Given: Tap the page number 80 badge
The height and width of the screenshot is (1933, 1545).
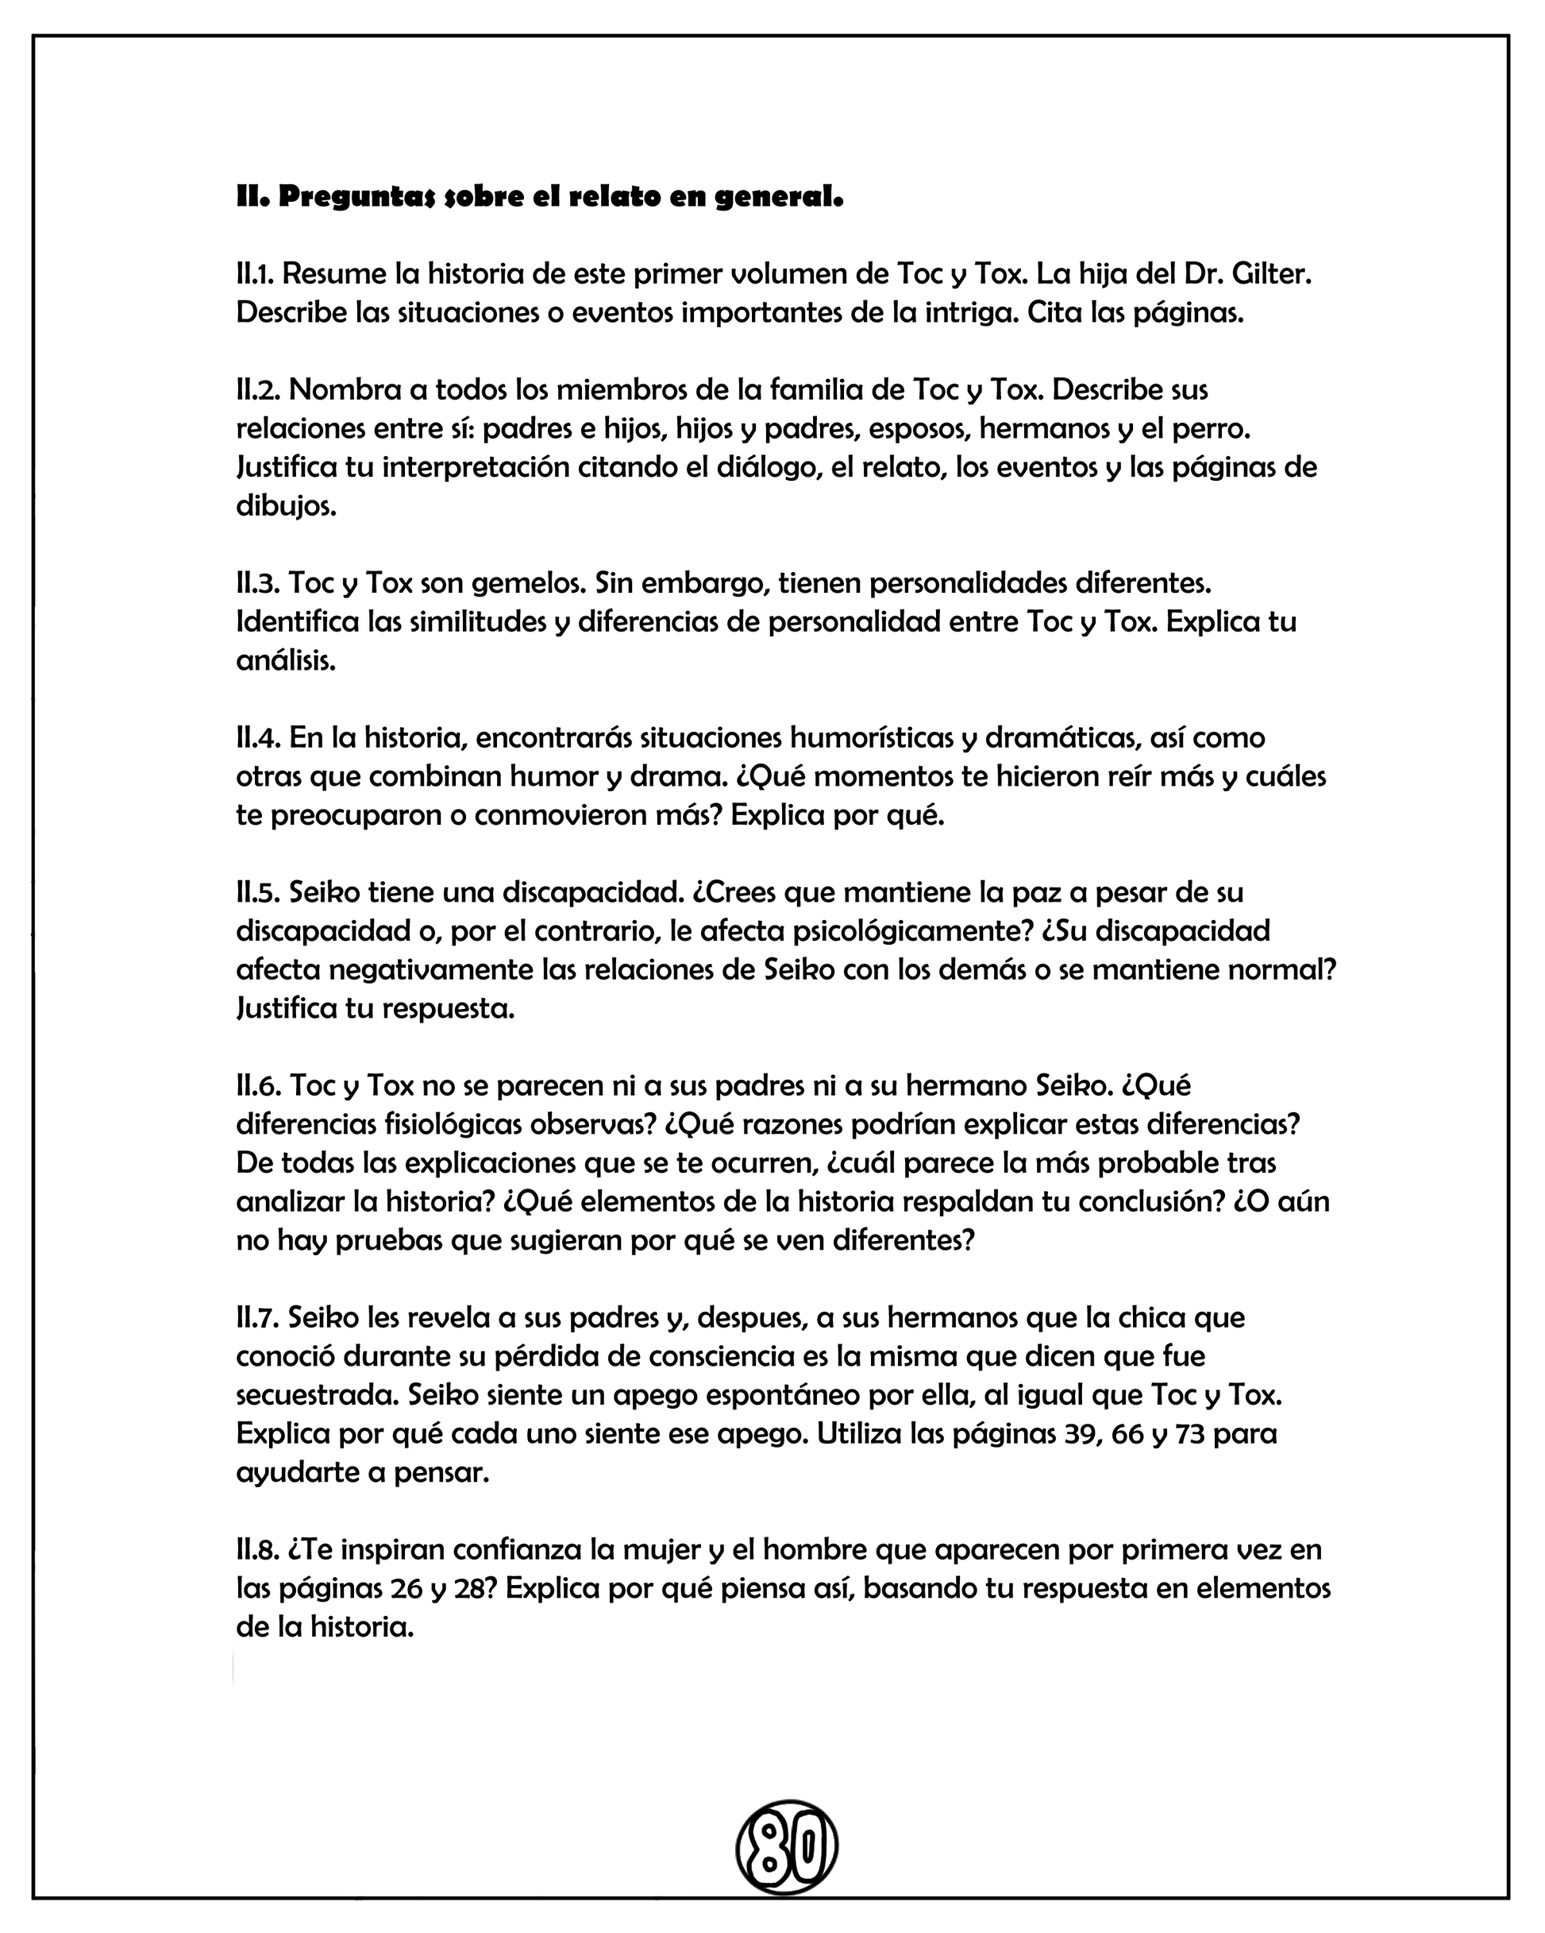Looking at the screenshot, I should [x=786, y=1847].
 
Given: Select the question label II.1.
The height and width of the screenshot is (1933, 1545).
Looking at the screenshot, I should [x=255, y=273].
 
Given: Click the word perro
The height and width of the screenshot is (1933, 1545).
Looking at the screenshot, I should [x=1210, y=428].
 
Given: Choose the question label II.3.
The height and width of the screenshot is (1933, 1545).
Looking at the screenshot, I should [x=258, y=584].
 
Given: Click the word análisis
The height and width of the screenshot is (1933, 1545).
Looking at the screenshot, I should [x=286, y=661].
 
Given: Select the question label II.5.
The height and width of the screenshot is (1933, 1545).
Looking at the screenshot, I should [x=258, y=893].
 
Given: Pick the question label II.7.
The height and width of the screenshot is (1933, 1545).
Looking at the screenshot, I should [x=257, y=1318].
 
